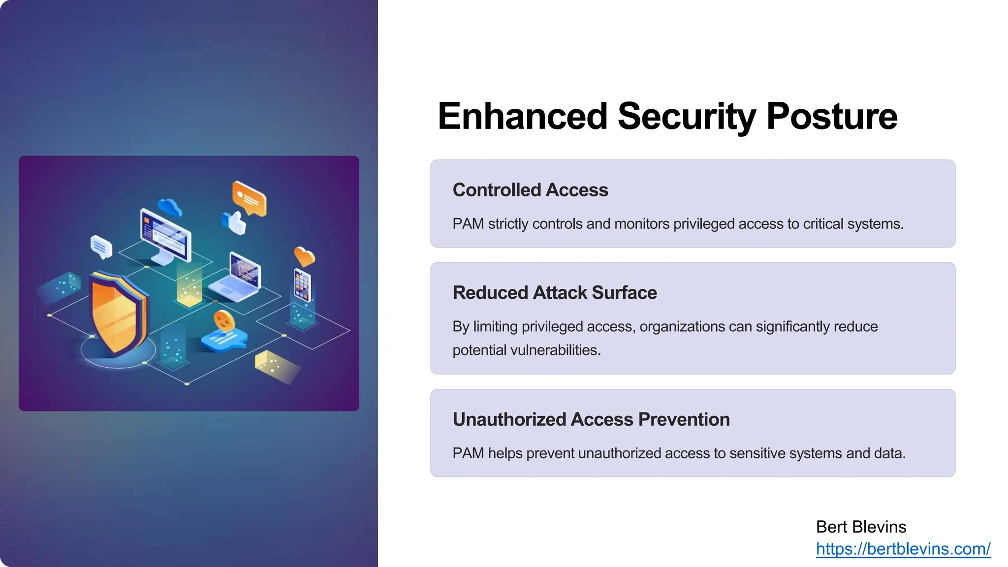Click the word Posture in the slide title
[831, 117]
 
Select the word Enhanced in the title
[522, 117]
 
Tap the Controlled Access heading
[530, 190]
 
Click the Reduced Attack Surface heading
[554, 293]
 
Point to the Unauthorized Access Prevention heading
[591, 419]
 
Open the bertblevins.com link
[903, 549]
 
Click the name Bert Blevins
[861, 527]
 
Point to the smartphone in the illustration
[302, 284]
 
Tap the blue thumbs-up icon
[235, 223]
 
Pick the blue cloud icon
[170, 207]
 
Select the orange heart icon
[304, 256]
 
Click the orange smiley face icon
[224, 321]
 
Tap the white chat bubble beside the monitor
[101, 247]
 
